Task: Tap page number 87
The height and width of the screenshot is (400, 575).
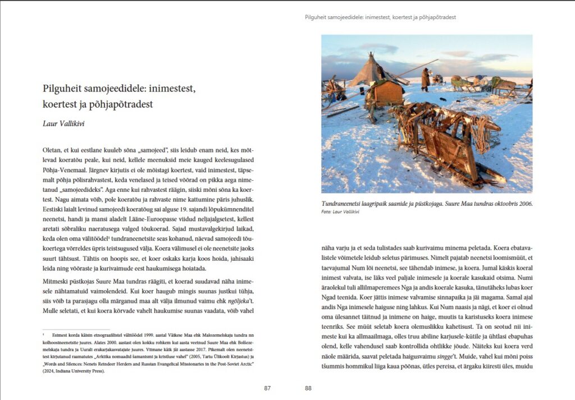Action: (x=267, y=388)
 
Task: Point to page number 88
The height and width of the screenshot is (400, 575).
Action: (x=308, y=388)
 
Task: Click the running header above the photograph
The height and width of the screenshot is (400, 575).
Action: (x=380, y=17)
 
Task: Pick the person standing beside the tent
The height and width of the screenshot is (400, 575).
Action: (x=426, y=79)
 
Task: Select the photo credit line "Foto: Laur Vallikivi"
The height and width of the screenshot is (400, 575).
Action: (x=340, y=212)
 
